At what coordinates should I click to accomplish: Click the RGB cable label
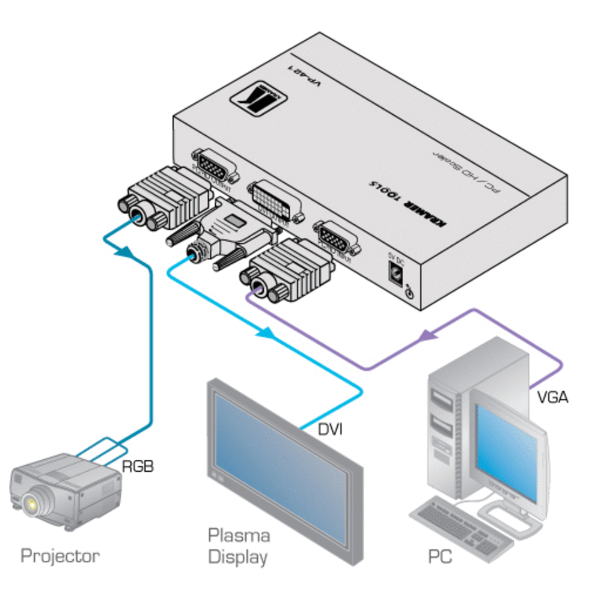coord(138,466)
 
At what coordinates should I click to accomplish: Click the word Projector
coord(60,555)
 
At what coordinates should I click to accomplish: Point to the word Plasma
coord(239,535)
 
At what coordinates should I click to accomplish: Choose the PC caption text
coord(441,557)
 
